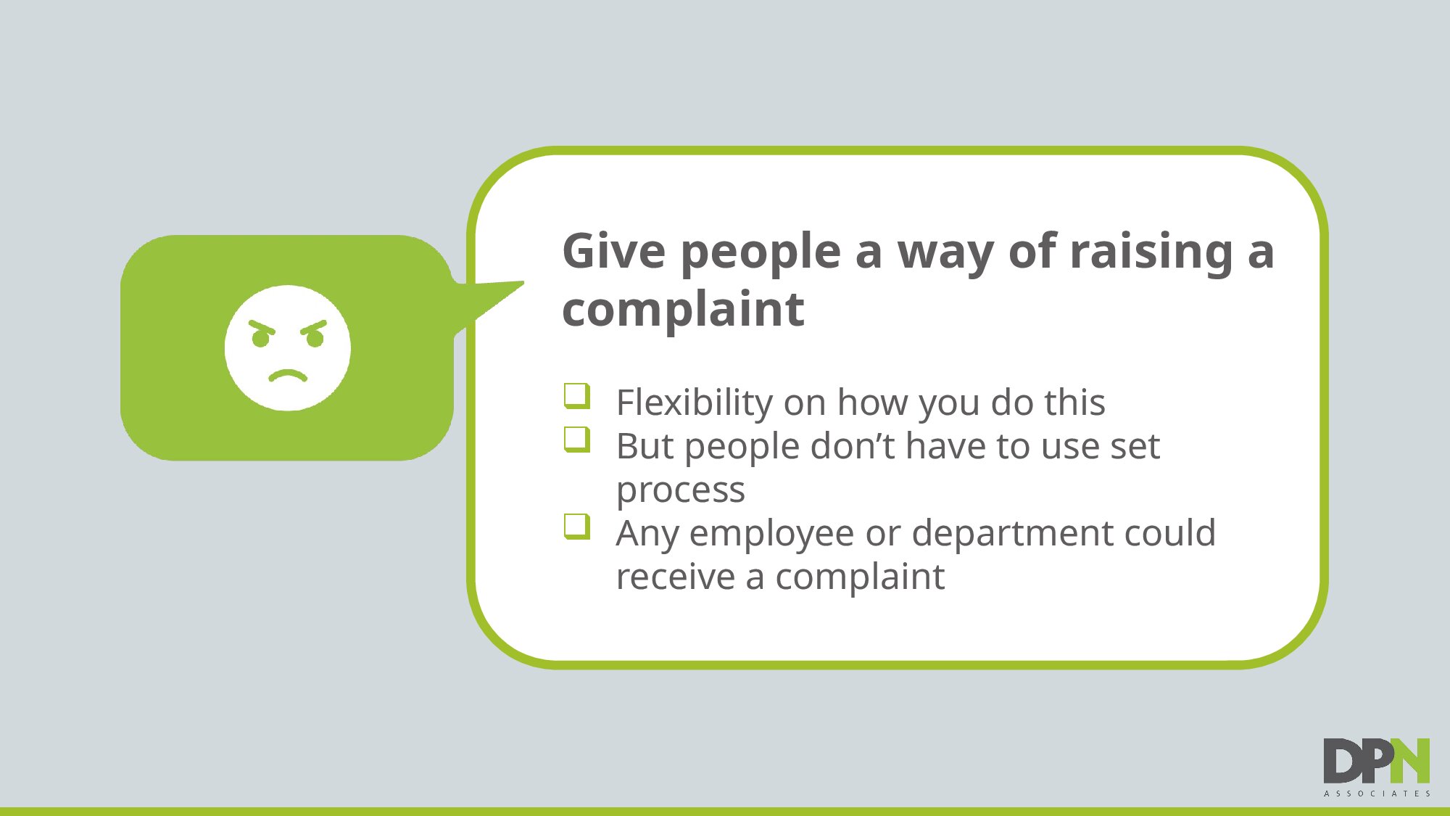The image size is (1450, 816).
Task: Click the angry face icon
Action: pyautogui.click(x=288, y=348)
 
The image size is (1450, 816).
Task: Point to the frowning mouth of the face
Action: pyautogui.click(x=288, y=375)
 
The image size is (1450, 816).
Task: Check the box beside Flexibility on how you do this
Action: pyautogui.click(x=577, y=396)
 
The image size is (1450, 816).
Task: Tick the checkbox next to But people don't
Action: pyautogui.click(x=577, y=440)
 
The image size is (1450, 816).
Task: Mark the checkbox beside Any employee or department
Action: pyautogui.click(x=577, y=527)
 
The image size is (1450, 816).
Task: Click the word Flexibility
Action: pyautogui.click(x=694, y=403)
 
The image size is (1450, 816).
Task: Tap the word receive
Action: pyautogui.click(x=676, y=577)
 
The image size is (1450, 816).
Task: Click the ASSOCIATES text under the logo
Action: pyautogui.click(x=1377, y=794)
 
